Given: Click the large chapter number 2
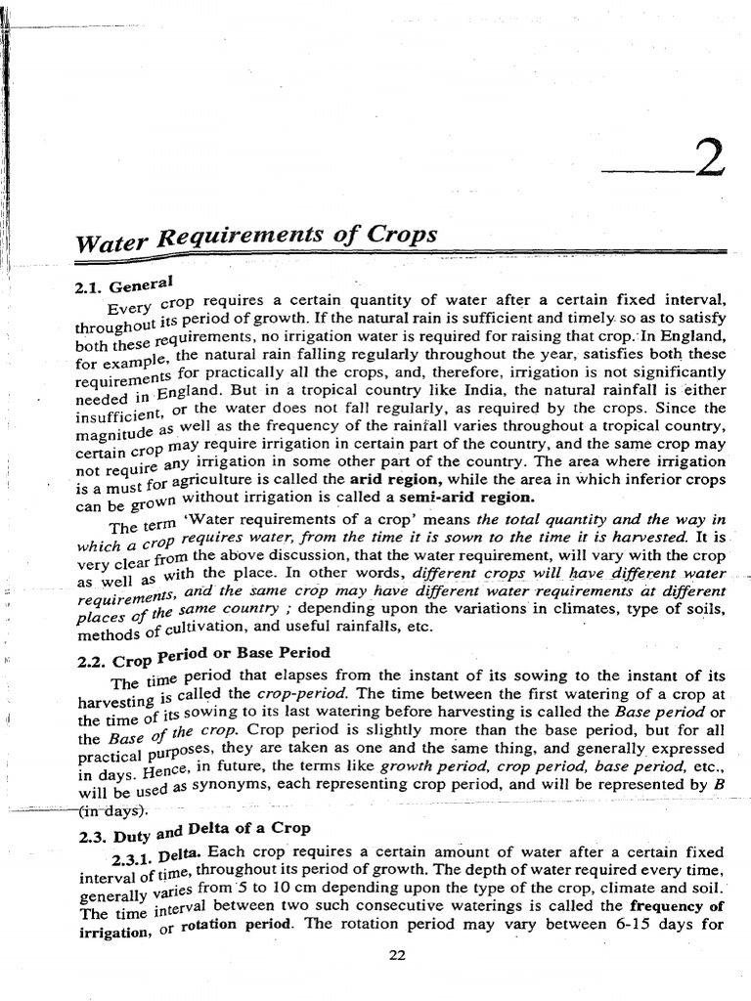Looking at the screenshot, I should coord(708,159).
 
